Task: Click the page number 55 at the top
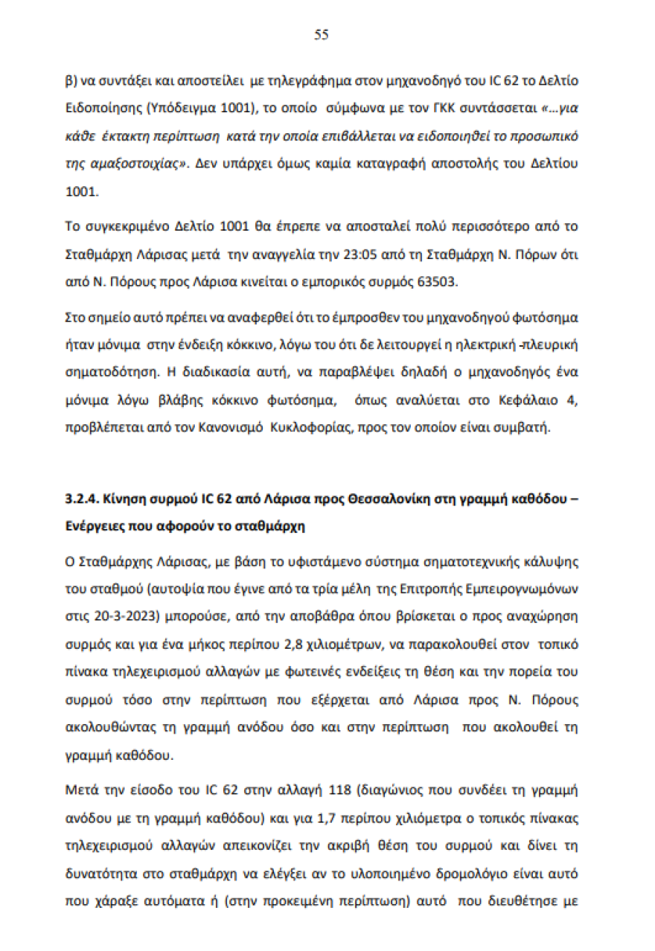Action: (x=322, y=35)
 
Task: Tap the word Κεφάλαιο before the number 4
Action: (x=517, y=402)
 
